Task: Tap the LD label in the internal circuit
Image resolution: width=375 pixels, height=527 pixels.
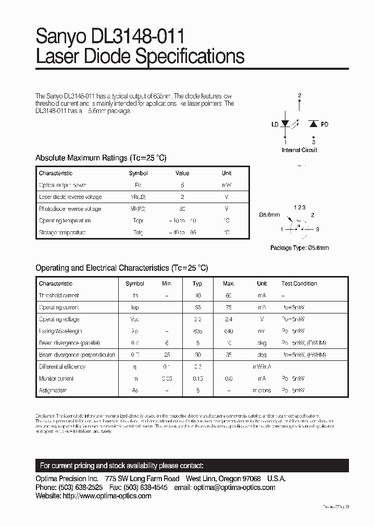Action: tap(274, 124)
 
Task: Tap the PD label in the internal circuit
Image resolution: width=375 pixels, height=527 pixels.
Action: tap(324, 124)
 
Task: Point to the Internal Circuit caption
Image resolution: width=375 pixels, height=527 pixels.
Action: tap(299, 150)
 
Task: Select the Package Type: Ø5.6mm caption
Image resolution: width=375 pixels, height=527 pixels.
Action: tap(299, 248)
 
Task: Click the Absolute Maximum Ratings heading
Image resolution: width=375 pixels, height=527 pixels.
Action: tap(101, 158)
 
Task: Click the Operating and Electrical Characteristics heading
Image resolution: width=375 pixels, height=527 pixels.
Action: tap(121, 268)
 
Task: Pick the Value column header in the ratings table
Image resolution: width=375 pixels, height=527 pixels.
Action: tap(182, 173)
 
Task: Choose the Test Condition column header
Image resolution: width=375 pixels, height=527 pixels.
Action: tap(299, 284)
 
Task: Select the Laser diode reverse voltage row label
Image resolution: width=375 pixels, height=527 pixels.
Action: tap(70, 197)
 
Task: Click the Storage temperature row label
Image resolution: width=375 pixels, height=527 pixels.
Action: tap(62, 233)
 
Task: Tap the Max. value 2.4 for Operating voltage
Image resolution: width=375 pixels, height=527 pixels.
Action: tap(229, 319)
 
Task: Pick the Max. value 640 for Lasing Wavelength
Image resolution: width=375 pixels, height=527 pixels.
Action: tap(229, 331)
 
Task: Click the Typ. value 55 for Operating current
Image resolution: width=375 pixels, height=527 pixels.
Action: tap(198, 307)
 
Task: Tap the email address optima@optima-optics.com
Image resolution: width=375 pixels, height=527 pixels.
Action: tap(234, 487)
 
